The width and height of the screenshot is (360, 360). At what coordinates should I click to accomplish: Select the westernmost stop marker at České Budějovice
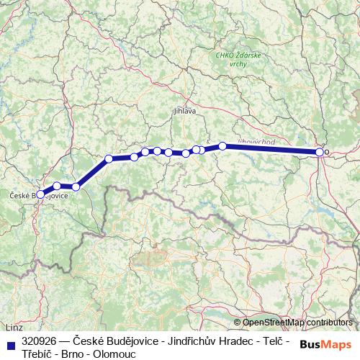[41, 194]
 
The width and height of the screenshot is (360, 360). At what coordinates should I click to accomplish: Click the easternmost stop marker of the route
[320, 152]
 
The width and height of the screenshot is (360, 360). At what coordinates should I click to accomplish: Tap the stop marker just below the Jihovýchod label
[223, 146]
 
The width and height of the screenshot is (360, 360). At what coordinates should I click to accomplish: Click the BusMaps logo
[325, 344]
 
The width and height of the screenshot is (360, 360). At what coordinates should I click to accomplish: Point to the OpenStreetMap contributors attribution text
[299, 322]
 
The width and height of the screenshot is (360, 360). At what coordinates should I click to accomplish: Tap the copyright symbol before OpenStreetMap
[238, 322]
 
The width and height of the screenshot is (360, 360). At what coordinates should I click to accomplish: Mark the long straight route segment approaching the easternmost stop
[274, 149]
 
